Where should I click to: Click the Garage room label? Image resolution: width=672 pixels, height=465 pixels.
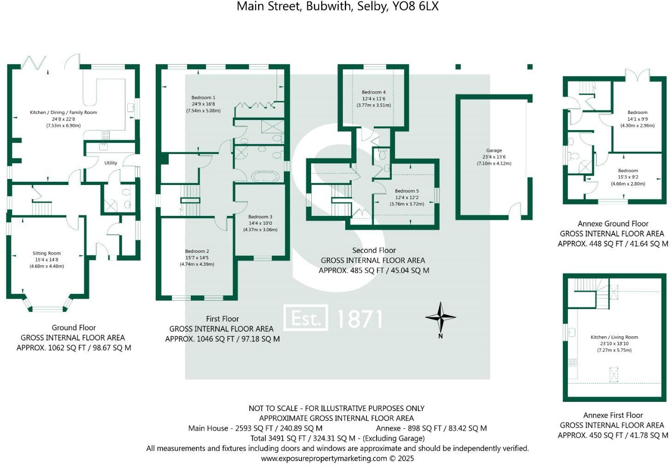coord(494,150)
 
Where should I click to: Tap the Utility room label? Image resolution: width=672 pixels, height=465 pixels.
coord(111,163)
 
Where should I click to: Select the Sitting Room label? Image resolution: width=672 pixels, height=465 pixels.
coord(47,253)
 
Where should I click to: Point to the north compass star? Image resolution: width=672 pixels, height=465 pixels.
coord(441,317)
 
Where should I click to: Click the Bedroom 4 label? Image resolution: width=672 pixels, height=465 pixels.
coord(373,92)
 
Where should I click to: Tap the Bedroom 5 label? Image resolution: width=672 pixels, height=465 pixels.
coord(407,191)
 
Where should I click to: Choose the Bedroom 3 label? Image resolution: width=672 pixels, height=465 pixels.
coord(260,217)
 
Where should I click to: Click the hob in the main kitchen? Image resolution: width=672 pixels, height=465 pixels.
coord(106,135)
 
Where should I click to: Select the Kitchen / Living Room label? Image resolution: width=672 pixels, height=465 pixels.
coord(614,337)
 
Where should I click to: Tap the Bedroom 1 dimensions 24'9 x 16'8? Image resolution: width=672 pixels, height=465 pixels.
coord(203,104)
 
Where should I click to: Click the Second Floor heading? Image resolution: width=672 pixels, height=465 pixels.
coord(374,250)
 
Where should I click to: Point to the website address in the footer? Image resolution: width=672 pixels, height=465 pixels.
coord(324,459)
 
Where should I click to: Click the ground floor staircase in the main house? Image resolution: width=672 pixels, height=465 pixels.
coord(41,209)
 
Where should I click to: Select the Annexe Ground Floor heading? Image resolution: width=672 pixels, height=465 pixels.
coord(613,224)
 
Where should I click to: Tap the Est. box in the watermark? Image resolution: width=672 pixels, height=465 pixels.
coord(306,317)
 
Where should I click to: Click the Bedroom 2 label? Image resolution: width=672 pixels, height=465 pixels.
coord(197,251)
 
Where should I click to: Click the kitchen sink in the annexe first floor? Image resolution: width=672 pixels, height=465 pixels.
coord(572,332)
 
